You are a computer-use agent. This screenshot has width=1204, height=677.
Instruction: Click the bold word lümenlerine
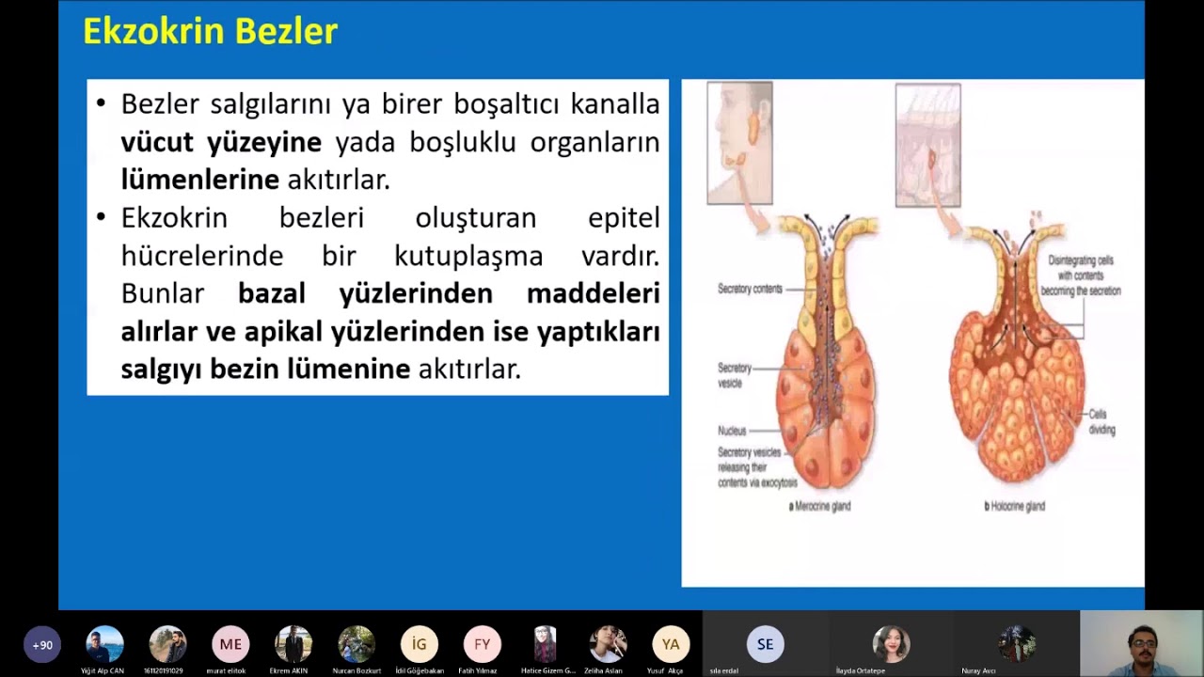[x=199, y=179]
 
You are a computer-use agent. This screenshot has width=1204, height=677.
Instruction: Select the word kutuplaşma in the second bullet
[x=468, y=256]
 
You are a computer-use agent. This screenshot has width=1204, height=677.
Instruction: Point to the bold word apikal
[x=283, y=331]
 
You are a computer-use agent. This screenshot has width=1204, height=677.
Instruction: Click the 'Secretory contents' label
[x=750, y=289]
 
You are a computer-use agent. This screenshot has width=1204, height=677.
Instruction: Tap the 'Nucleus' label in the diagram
[x=731, y=431]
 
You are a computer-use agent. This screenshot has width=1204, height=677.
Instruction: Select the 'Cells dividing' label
[x=1101, y=422]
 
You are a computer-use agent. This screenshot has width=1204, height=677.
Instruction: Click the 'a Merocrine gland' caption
[x=819, y=506]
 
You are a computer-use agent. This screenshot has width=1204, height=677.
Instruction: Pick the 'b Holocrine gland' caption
[x=1014, y=506]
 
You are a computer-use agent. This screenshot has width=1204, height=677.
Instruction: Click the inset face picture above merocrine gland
[x=739, y=143]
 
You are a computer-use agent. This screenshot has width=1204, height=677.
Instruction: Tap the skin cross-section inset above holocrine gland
[x=927, y=145]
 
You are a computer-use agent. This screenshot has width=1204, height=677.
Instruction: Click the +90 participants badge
[x=42, y=645]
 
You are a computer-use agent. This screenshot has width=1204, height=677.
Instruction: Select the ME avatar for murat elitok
[x=230, y=644]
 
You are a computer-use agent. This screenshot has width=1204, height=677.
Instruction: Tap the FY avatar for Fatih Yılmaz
[x=482, y=644]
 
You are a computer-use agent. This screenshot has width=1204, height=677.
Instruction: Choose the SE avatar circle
[x=765, y=644]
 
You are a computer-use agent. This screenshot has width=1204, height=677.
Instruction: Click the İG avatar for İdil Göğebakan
[x=420, y=644]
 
